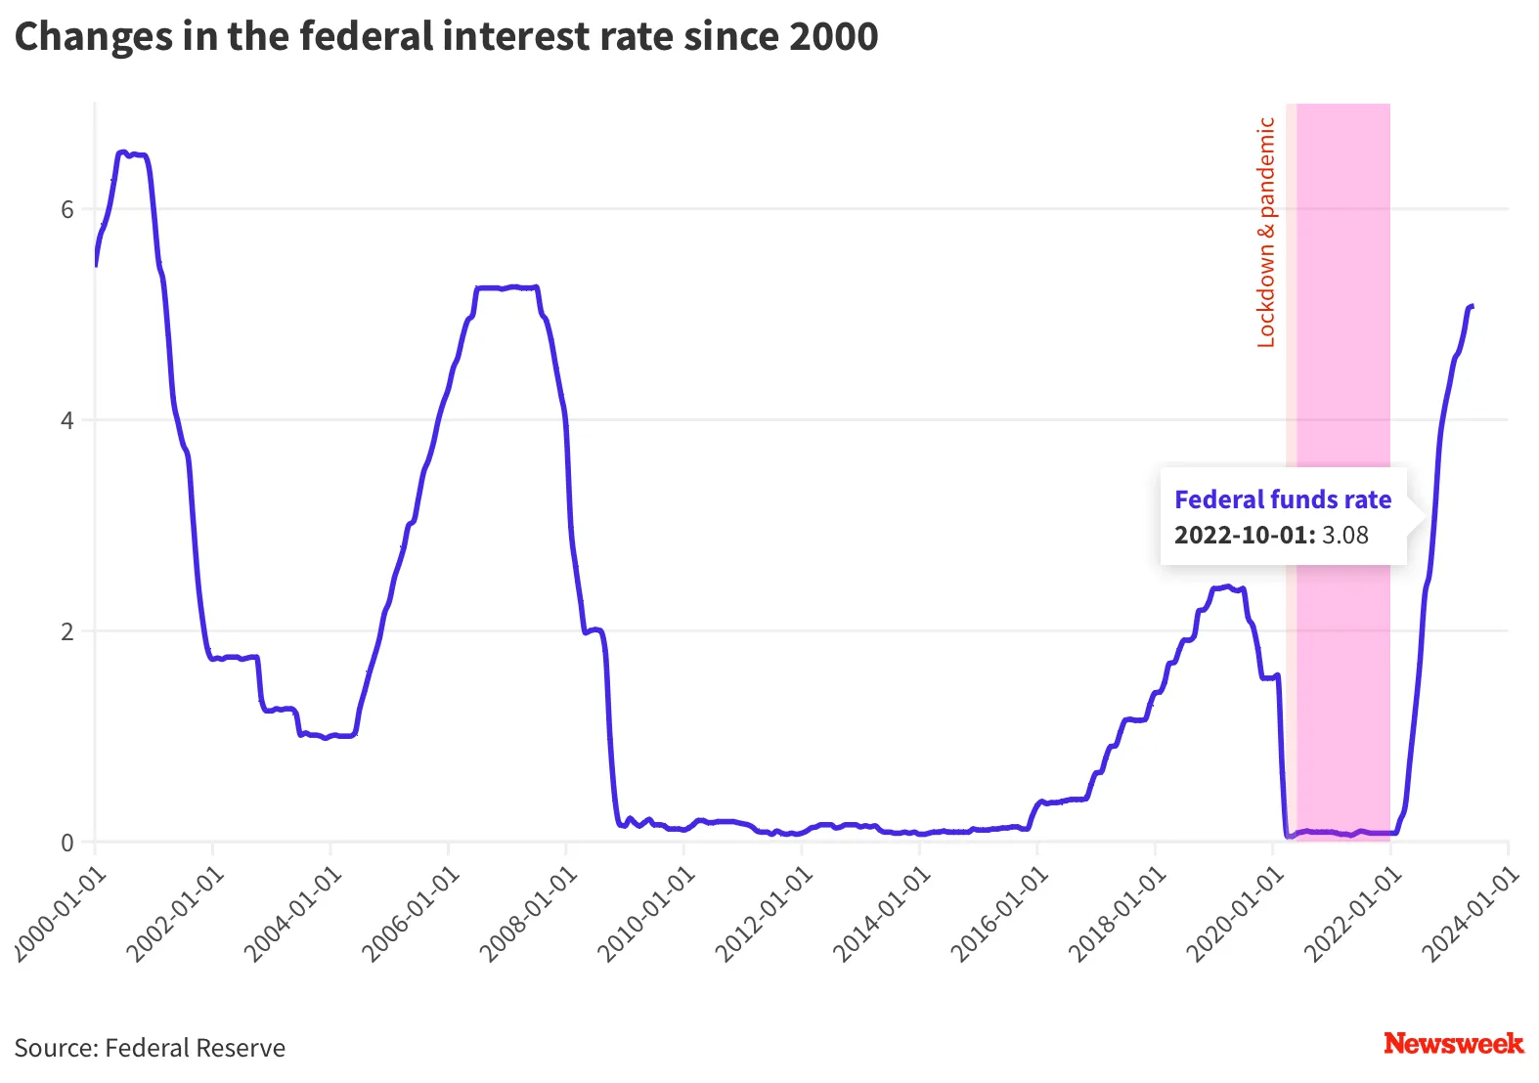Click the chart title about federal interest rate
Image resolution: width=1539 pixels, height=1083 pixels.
[x=446, y=37]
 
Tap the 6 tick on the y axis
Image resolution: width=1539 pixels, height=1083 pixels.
[x=67, y=210]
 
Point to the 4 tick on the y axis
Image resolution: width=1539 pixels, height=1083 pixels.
[x=67, y=421]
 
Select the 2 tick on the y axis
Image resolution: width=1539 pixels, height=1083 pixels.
[x=67, y=632]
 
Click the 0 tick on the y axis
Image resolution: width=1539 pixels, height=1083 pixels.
[x=67, y=843]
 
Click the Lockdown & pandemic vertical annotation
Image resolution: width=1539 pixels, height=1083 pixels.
[x=1266, y=233]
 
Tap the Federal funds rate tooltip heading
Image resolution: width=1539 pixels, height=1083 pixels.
[x=1283, y=500]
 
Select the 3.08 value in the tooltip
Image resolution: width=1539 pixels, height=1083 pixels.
[x=1345, y=536]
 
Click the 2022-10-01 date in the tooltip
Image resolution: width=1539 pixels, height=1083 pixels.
[x=1244, y=536]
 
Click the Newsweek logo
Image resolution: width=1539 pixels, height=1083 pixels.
[x=1453, y=1044]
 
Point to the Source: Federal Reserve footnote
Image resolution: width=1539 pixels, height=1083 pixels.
[x=150, y=1048]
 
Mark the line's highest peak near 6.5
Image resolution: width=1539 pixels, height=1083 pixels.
[x=121, y=152]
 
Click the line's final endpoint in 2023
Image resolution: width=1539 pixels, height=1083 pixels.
[x=1472, y=307]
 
